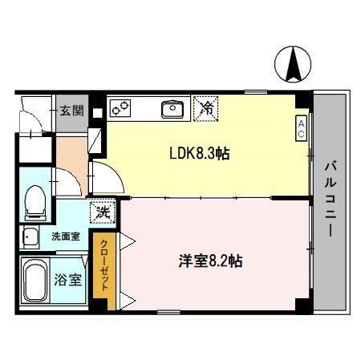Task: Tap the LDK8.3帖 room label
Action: click(198, 153)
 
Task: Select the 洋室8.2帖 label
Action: click(211, 261)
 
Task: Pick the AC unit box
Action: click(301, 128)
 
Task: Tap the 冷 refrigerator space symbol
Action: click(205, 107)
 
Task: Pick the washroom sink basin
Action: click(30, 237)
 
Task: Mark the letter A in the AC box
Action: click(301, 123)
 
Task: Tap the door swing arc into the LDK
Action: click(106, 176)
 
